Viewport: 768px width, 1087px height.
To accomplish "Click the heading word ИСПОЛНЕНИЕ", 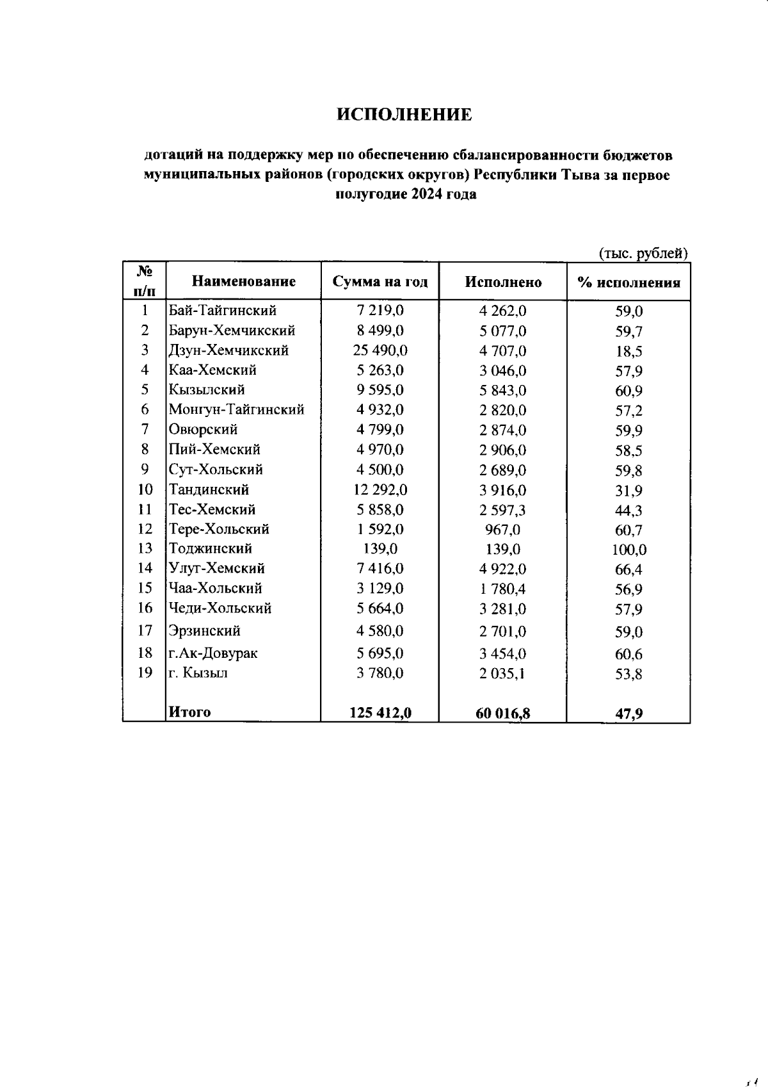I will pyautogui.click(x=404, y=115).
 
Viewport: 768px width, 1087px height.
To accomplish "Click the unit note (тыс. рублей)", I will pyautogui.click(x=643, y=254).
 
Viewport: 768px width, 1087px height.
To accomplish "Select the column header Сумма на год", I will pyautogui.click(x=380, y=282).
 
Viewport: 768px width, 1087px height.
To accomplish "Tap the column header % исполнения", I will pyautogui.click(x=628, y=282).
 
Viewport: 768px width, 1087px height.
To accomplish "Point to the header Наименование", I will pyautogui.click(x=244, y=281).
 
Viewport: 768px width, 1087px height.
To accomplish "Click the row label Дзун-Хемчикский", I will pyautogui.click(x=228, y=350).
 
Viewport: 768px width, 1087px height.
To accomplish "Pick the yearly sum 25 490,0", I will pyautogui.click(x=380, y=350).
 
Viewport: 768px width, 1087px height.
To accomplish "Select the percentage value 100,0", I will pyautogui.click(x=628, y=550).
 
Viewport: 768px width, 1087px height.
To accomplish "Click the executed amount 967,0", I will pyautogui.click(x=502, y=530).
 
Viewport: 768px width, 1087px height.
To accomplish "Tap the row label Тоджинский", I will pyautogui.click(x=211, y=548).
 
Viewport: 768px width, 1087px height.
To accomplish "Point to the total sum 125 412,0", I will pyautogui.click(x=380, y=712).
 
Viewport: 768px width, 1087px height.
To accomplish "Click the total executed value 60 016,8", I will pyautogui.click(x=502, y=713).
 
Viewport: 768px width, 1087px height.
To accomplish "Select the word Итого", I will pyautogui.click(x=189, y=712).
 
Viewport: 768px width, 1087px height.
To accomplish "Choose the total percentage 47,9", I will pyautogui.click(x=628, y=713).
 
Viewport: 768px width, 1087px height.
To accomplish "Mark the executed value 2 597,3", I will pyautogui.click(x=502, y=510).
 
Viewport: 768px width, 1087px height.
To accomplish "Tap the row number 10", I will pyautogui.click(x=145, y=489).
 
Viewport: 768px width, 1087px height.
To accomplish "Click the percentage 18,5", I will pyautogui.click(x=628, y=351).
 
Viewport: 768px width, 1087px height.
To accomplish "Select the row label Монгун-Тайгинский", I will pyautogui.click(x=236, y=409).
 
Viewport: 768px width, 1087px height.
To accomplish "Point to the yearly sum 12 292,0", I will pyautogui.click(x=380, y=490).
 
